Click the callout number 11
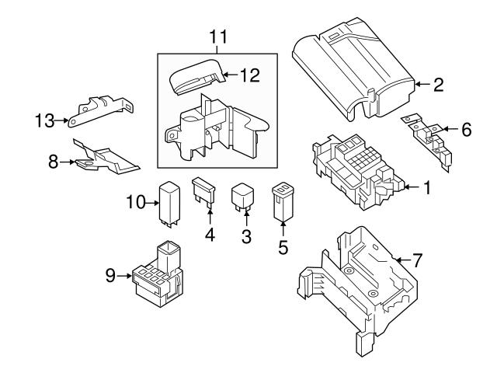[x=218, y=37]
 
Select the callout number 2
[x=438, y=85]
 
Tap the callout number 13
[x=45, y=121]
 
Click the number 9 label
[x=110, y=275]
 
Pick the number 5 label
[x=283, y=247]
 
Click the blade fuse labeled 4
[x=203, y=193]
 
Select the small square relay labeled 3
[x=242, y=197]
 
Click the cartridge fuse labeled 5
[x=283, y=202]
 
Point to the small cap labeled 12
[x=197, y=76]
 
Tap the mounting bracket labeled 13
[x=100, y=111]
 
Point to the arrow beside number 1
[x=412, y=187]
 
